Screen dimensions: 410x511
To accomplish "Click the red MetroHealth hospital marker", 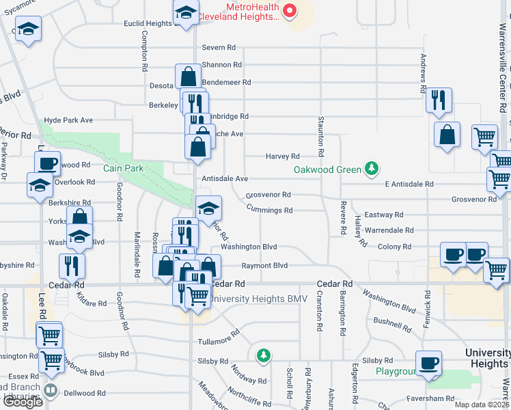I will pos(290,10).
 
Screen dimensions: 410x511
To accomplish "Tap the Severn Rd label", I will pos(219,48).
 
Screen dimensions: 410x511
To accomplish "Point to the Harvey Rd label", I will pos(282,156).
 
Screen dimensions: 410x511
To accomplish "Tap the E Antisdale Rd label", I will pos(409,184).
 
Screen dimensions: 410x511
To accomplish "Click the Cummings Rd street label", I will pos(269,210).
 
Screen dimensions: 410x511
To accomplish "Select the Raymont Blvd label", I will pos(264,266).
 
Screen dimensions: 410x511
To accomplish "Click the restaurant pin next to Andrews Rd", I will pos(439,100).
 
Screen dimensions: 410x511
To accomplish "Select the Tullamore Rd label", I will pos(219,337).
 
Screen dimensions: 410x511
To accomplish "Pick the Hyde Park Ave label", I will pos(68,120).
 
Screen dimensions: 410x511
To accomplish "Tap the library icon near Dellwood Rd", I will pos(50,391).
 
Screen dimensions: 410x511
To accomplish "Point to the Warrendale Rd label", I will pos(389,231).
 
